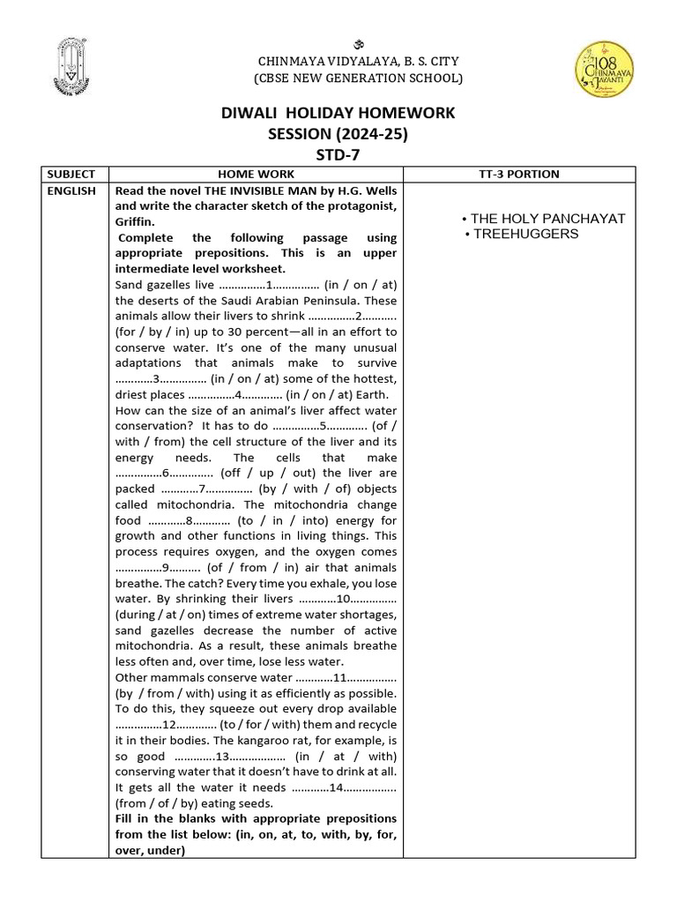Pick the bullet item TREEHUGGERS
[524, 234]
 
